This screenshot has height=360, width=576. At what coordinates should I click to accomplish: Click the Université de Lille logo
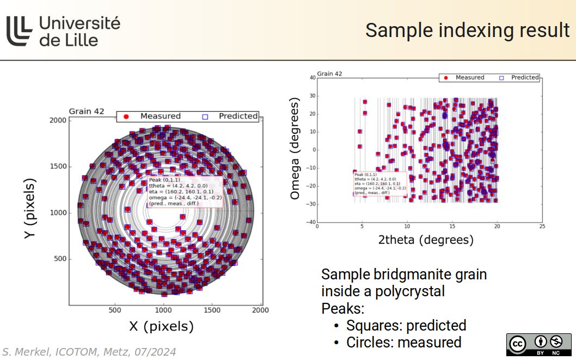pyautogui.click(x=63, y=30)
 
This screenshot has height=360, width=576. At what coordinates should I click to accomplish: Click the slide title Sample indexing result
pyautogui.click(x=467, y=30)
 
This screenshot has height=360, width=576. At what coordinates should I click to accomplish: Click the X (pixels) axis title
pyautogui.click(x=161, y=326)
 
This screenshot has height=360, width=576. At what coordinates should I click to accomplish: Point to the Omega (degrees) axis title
pyautogui.click(x=295, y=149)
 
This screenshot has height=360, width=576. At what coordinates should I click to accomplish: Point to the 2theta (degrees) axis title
pyautogui.click(x=426, y=240)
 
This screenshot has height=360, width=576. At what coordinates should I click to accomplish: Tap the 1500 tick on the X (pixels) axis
pyautogui.click(x=212, y=310)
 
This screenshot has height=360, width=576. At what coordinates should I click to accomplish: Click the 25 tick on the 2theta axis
pyautogui.click(x=541, y=226)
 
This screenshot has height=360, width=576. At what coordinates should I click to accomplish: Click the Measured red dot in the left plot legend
pyautogui.click(x=126, y=116)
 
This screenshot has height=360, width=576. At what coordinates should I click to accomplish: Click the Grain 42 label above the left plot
pyautogui.click(x=86, y=112)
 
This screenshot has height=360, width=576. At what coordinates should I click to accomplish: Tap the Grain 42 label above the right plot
pyautogui.click(x=329, y=74)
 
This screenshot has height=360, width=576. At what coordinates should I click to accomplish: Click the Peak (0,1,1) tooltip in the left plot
pyautogui.click(x=184, y=192)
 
